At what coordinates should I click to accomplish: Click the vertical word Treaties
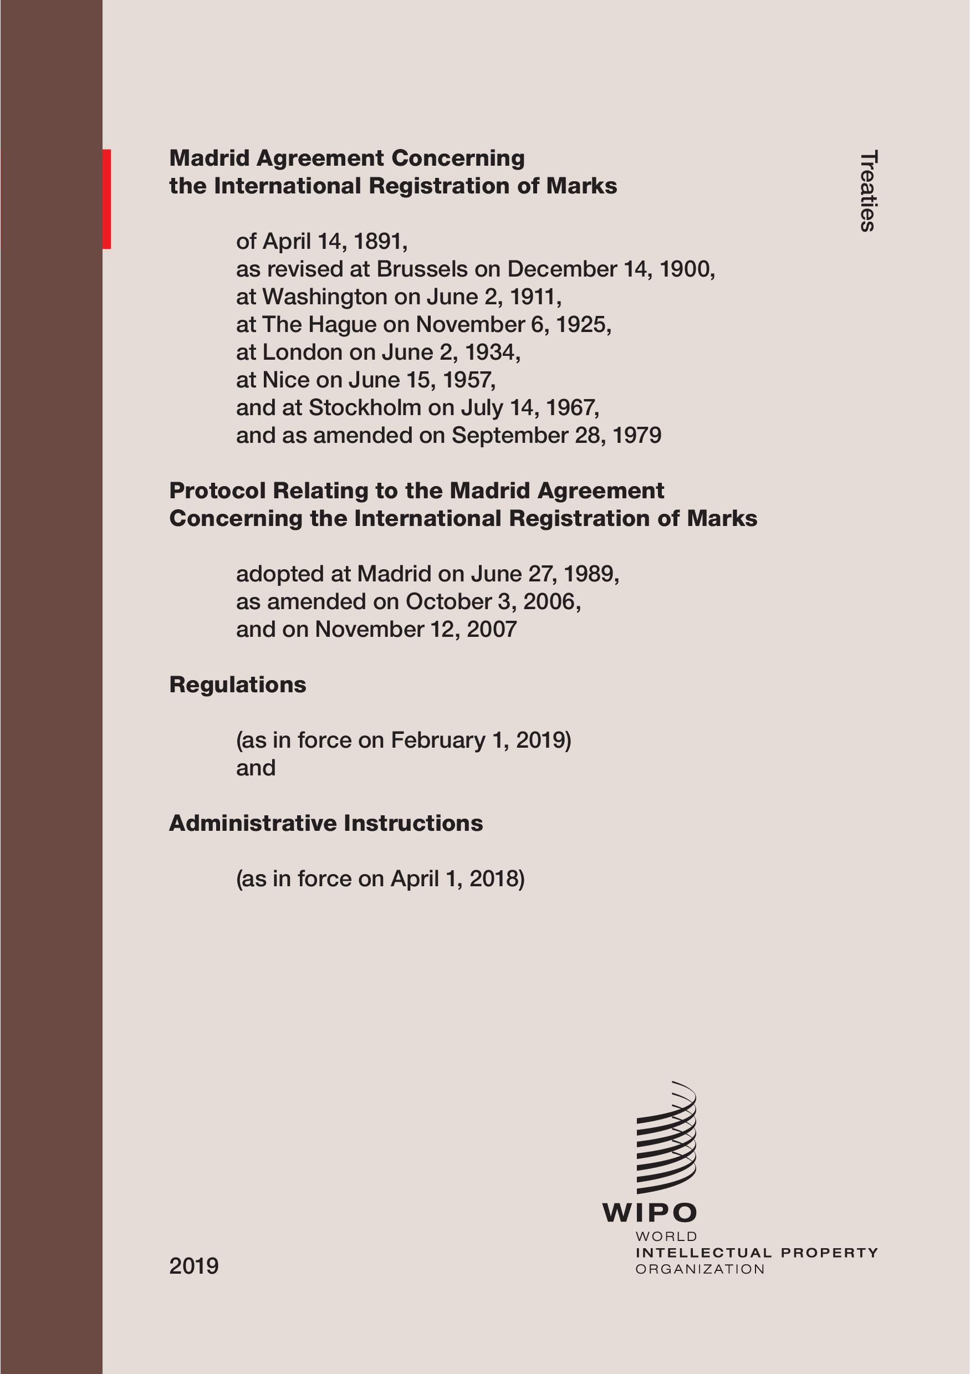pyautogui.click(x=867, y=190)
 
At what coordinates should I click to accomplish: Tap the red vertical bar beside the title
pyautogui.click(x=106, y=198)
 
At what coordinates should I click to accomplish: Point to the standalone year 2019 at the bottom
pyautogui.click(x=194, y=1266)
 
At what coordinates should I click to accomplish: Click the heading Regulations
pyautogui.click(x=238, y=685)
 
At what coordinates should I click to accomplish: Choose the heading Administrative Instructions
pyautogui.click(x=325, y=824)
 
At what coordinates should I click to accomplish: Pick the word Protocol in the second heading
pyautogui.click(x=217, y=491)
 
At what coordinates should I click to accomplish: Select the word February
pyautogui.click(x=437, y=740)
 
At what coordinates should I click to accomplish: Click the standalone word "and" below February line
pyautogui.click(x=256, y=768)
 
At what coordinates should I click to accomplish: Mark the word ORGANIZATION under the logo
pyautogui.click(x=700, y=1269)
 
